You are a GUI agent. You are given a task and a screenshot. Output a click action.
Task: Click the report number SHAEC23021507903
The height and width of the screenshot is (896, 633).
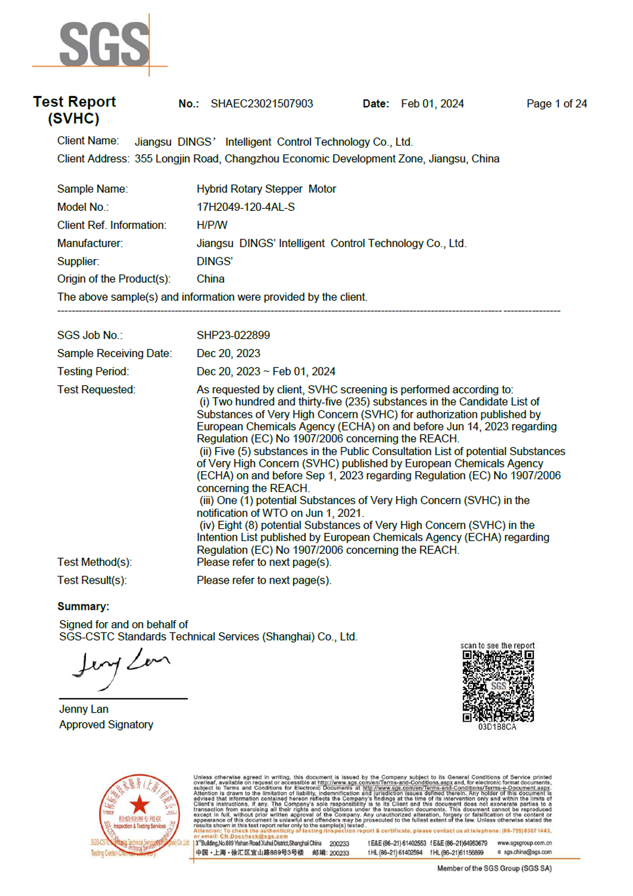coord(261,104)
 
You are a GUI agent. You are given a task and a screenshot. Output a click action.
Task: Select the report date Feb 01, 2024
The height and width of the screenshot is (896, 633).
coord(432,104)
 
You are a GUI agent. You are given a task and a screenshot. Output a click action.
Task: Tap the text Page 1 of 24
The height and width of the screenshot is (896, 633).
coord(556,104)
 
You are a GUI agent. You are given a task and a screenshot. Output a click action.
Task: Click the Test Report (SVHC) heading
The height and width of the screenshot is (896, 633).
coord(75,110)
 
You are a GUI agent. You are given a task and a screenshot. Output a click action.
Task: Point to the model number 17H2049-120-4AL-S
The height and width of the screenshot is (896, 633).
coord(246,207)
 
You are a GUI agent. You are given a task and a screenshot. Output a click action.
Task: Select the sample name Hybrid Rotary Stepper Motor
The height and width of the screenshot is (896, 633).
coord(266,189)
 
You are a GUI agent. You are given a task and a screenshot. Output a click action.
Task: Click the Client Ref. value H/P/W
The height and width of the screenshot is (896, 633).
coord(212,225)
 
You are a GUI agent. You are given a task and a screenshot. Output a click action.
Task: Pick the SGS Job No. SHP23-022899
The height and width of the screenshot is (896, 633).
coord(233,336)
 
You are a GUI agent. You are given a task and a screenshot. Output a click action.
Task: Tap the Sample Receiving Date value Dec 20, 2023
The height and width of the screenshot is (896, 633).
coord(228,353)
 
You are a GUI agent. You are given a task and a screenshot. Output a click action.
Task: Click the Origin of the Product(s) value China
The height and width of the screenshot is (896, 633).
coord(210,279)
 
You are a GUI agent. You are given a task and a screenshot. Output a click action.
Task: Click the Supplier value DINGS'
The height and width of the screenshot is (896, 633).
coord(214,262)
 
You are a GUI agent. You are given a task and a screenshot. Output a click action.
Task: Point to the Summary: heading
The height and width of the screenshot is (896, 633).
coord(83,606)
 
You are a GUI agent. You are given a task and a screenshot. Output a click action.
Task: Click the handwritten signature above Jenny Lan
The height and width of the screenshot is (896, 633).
coord(121,667)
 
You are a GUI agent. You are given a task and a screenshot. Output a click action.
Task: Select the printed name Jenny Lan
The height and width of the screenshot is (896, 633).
coord(84,709)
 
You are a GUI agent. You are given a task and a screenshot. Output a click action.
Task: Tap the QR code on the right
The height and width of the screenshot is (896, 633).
coord(498,686)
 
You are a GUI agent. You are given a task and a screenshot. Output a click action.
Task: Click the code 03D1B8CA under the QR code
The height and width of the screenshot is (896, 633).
coord(497,727)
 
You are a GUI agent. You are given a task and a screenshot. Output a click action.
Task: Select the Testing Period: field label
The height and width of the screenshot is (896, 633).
coord(93,371)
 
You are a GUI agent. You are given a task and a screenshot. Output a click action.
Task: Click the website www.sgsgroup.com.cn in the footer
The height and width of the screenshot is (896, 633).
coord(524,843)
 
